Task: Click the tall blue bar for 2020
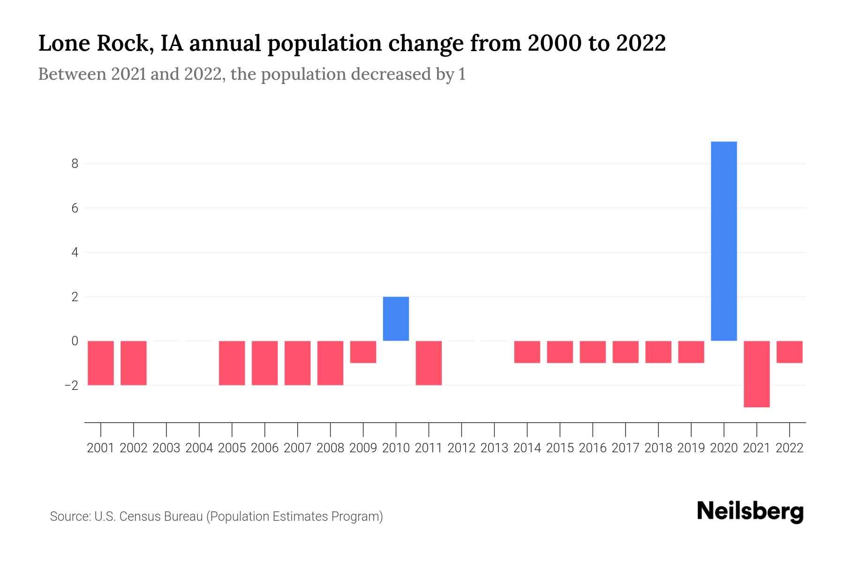tap(724, 241)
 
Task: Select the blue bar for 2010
tap(396, 319)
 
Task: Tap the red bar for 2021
tap(757, 374)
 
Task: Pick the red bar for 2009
tap(363, 352)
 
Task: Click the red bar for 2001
tap(101, 363)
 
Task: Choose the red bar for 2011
tap(429, 363)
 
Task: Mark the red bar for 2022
tap(790, 352)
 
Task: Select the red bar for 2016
tap(593, 352)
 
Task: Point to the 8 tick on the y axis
tap(75, 164)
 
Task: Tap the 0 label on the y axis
tap(75, 341)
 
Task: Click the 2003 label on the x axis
tap(166, 448)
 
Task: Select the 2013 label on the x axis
tap(494, 448)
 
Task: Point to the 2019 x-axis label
tap(691, 448)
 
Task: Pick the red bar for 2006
tap(265, 363)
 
